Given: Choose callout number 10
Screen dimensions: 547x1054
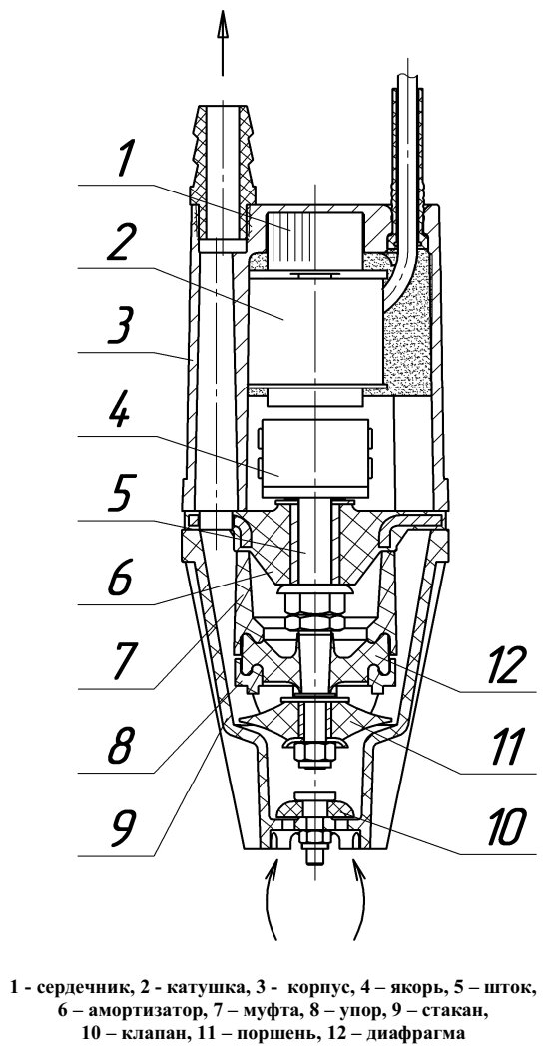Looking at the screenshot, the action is click(x=494, y=826).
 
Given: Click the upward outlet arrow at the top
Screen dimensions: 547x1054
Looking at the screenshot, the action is click(x=223, y=47).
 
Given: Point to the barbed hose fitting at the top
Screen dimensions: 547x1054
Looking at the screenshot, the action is click(x=222, y=154).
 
